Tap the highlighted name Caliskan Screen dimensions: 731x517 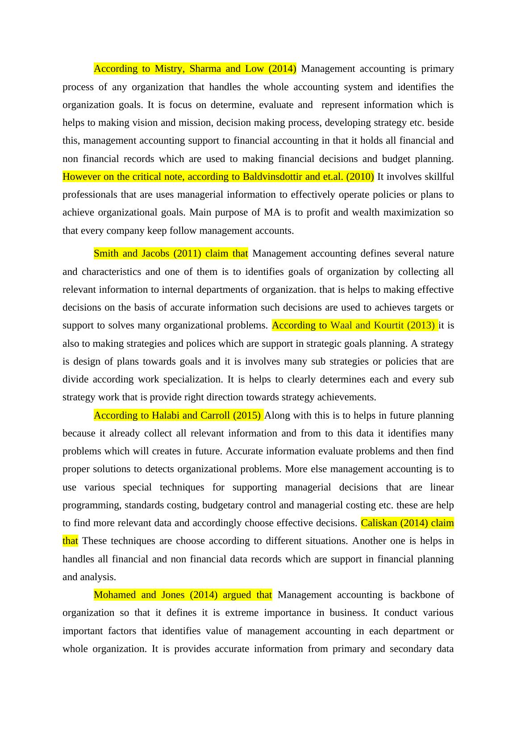(x=380, y=523)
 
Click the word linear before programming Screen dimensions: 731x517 (x=442, y=487)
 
